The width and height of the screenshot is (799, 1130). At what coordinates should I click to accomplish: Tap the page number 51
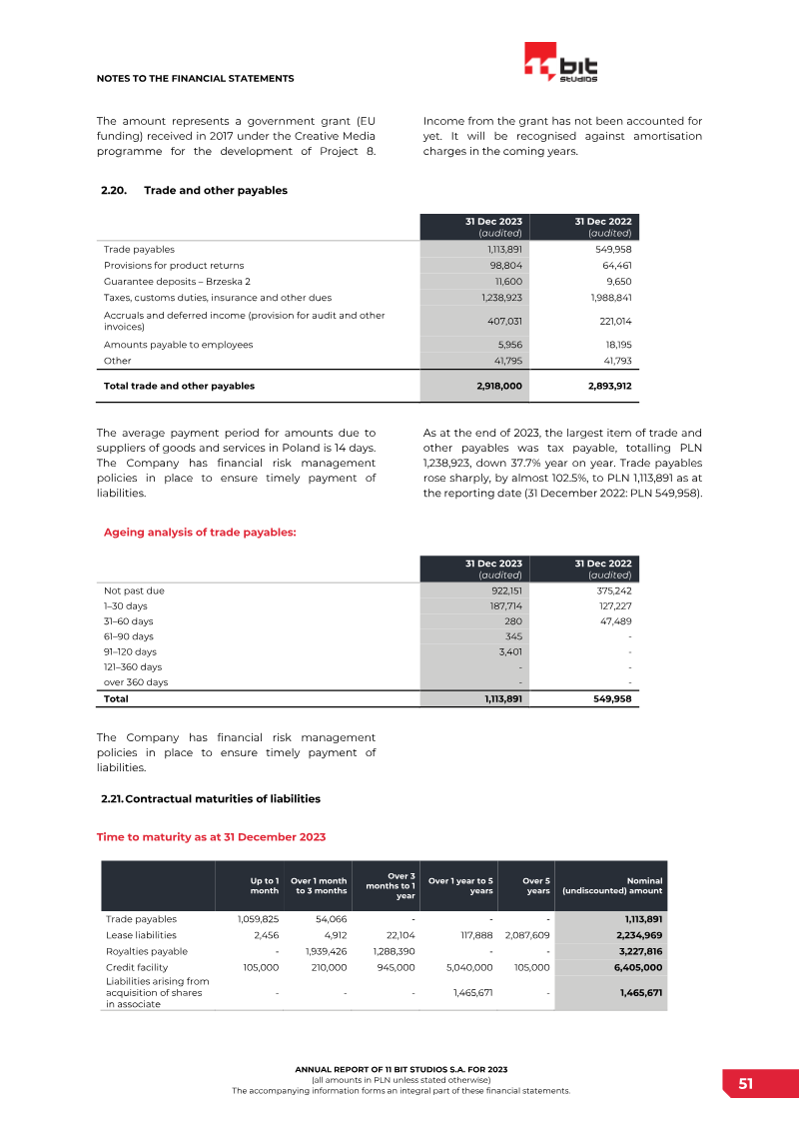[746, 1084]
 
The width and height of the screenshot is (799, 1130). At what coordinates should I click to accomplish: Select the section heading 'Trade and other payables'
[216, 191]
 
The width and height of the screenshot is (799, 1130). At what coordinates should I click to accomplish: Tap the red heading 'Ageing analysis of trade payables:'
[200, 533]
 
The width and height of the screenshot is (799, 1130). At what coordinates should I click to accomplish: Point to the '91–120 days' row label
[130, 651]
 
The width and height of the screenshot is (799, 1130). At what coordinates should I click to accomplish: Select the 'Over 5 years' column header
[537, 885]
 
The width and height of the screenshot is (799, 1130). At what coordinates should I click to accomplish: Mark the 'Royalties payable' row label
[147, 952]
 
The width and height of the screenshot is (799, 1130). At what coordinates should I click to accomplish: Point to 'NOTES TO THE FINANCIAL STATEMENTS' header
[195, 78]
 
